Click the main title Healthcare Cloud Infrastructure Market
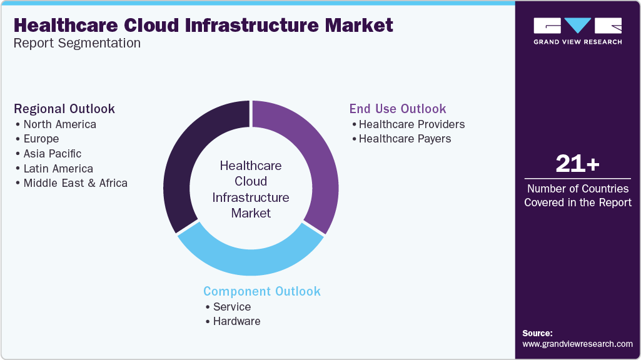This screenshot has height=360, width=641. [x=203, y=25]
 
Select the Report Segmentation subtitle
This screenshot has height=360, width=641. [x=77, y=43]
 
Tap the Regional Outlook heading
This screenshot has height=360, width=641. [x=64, y=109]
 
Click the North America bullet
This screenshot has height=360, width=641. [x=59, y=124]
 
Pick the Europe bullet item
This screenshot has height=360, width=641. [x=41, y=139]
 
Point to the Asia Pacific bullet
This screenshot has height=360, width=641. [x=53, y=154]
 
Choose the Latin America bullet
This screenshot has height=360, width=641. [x=58, y=169]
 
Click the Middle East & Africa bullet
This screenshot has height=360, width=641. [x=75, y=183]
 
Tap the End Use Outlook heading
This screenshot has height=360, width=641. [x=398, y=109]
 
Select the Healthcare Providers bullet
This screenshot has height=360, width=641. [x=411, y=124]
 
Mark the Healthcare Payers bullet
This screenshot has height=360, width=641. [x=405, y=139]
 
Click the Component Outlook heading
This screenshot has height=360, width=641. [x=262, y=291]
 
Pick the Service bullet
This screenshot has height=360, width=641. [x=231, y=307]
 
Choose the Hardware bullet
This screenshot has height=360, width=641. [x=236, y=321]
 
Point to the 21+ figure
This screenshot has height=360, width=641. [x=577, y=164]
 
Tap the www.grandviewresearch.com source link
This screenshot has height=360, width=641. [x=577, y=344]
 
